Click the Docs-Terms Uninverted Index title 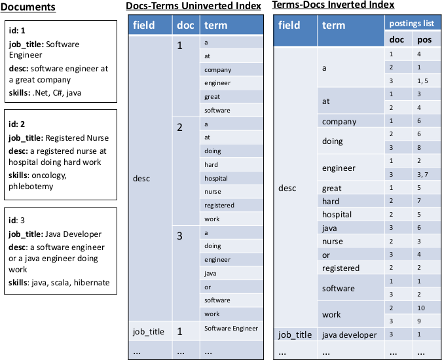pos(193,7)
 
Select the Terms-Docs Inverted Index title pos(335,5)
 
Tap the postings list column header pos(411,23)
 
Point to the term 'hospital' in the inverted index pos(337,215)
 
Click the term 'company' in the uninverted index pos(217,69)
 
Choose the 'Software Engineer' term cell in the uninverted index pos(231,328)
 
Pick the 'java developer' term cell pos(349,334)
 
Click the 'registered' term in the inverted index pos(341,268)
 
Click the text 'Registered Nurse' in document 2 pos(77,137)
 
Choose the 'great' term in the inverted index pos(332,188)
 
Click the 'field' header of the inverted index pos(289,26)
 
